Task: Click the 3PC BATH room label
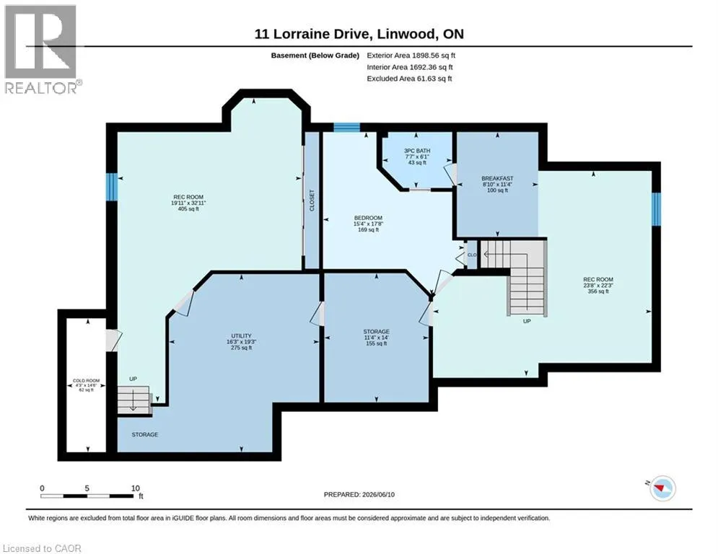(x=417, y=151)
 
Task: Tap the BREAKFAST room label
(x=497, y=179)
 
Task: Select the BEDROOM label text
(x=368, y=218)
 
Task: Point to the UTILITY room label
(x=241, y=335)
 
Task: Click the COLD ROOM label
(x=86, y=380)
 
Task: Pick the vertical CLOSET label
(x=312, y=201)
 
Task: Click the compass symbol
(x=662, y=488)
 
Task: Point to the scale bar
(x=87, y=496)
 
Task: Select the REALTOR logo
(x=42, y=50)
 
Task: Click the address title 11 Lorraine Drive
(x=359, y=34)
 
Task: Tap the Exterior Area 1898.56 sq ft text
(x=411, y=56)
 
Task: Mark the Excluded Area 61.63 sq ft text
(x=409, y=79)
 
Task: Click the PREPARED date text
(x=359, y=494)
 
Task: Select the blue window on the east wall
(x=656, y=209)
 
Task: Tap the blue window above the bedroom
(x=346, y=127)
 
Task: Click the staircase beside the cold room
(x=133, y=400)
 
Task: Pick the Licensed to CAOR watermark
(x=42, y=548)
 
